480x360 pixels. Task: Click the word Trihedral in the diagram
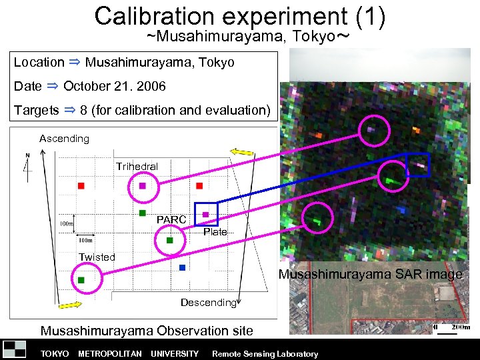click(137, 166)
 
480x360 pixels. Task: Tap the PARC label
click(171, 219)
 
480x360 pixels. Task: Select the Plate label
click(215, 232)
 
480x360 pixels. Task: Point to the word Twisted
click(97, 257)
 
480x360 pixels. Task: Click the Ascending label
click(64, 139)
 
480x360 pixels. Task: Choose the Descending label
click(209, 303)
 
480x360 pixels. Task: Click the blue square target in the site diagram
click(182, 267)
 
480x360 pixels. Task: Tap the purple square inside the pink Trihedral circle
click(142, 186)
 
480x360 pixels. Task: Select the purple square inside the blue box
click(206, 214)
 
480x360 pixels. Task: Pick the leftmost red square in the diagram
click(81, 185)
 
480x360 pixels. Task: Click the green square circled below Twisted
click(81, 280)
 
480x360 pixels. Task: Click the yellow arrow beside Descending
click(70, 305)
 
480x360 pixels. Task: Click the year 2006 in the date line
click(152, 86)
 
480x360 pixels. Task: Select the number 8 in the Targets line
click(84, 110)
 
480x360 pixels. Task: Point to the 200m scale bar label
click(461, 327)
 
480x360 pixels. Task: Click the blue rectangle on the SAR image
click(418, 165)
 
